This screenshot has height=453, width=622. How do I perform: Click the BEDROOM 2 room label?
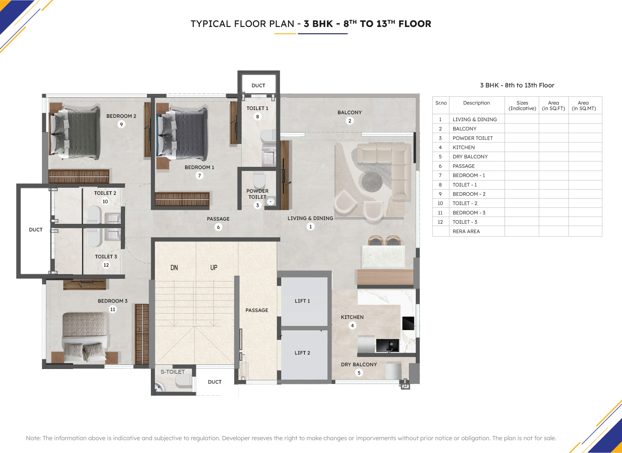point(121,116)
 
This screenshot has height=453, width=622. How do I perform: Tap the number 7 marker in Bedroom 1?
point(199,176)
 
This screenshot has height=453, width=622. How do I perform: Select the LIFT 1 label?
point(302,301)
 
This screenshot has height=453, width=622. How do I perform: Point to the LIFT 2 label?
point(302,353)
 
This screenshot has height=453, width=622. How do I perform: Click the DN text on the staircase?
point(174,268)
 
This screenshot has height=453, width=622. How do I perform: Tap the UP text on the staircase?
point(214,268)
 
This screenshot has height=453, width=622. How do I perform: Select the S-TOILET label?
point(173,372)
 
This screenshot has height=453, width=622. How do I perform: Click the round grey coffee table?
point(372,182)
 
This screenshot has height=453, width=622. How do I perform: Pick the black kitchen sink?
point(387,345)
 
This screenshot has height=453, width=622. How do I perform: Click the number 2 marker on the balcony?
point(350,121)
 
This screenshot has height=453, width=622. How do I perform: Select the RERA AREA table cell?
point(466,231)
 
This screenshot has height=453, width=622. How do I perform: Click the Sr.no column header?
point(441,103)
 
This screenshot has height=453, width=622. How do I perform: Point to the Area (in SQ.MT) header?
point(584,106)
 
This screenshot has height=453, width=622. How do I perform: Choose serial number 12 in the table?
point(440,222)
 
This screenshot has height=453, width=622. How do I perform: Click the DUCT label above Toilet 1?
point(258,86)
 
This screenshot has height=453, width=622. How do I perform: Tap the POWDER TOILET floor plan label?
point(257,194)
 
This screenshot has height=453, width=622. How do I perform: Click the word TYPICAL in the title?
point(211,24)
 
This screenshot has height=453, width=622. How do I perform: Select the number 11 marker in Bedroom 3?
point(113,309)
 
